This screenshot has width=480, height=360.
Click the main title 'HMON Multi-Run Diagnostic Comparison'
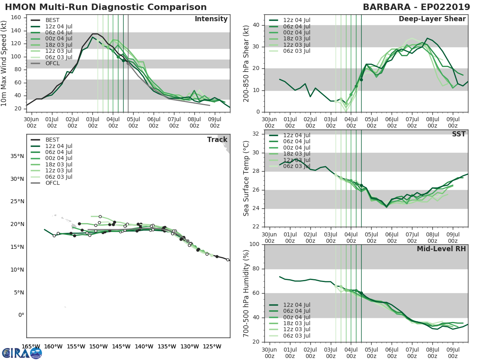(106, 7)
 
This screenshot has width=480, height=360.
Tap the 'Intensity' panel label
(211, 19)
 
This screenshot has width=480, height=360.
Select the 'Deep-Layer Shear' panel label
(432, 19)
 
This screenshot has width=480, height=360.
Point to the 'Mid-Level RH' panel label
(441, 249)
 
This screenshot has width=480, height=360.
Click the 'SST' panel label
(459, 134)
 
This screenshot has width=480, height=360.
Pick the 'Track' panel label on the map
(217, 140)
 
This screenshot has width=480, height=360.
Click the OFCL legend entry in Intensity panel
(53, 64)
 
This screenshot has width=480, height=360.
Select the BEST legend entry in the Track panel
(53, 140)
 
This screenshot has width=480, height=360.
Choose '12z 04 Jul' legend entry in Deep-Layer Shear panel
(296, 20)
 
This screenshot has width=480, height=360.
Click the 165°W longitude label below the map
(31, 346)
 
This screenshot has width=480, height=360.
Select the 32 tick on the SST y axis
(256, 134)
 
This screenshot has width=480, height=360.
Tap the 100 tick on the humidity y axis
(254, 244)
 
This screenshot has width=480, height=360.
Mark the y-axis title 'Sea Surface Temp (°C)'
(246, 178)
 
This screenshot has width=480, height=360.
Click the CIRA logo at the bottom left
(22, 353)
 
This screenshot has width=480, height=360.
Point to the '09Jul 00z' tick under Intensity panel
(215, 122)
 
